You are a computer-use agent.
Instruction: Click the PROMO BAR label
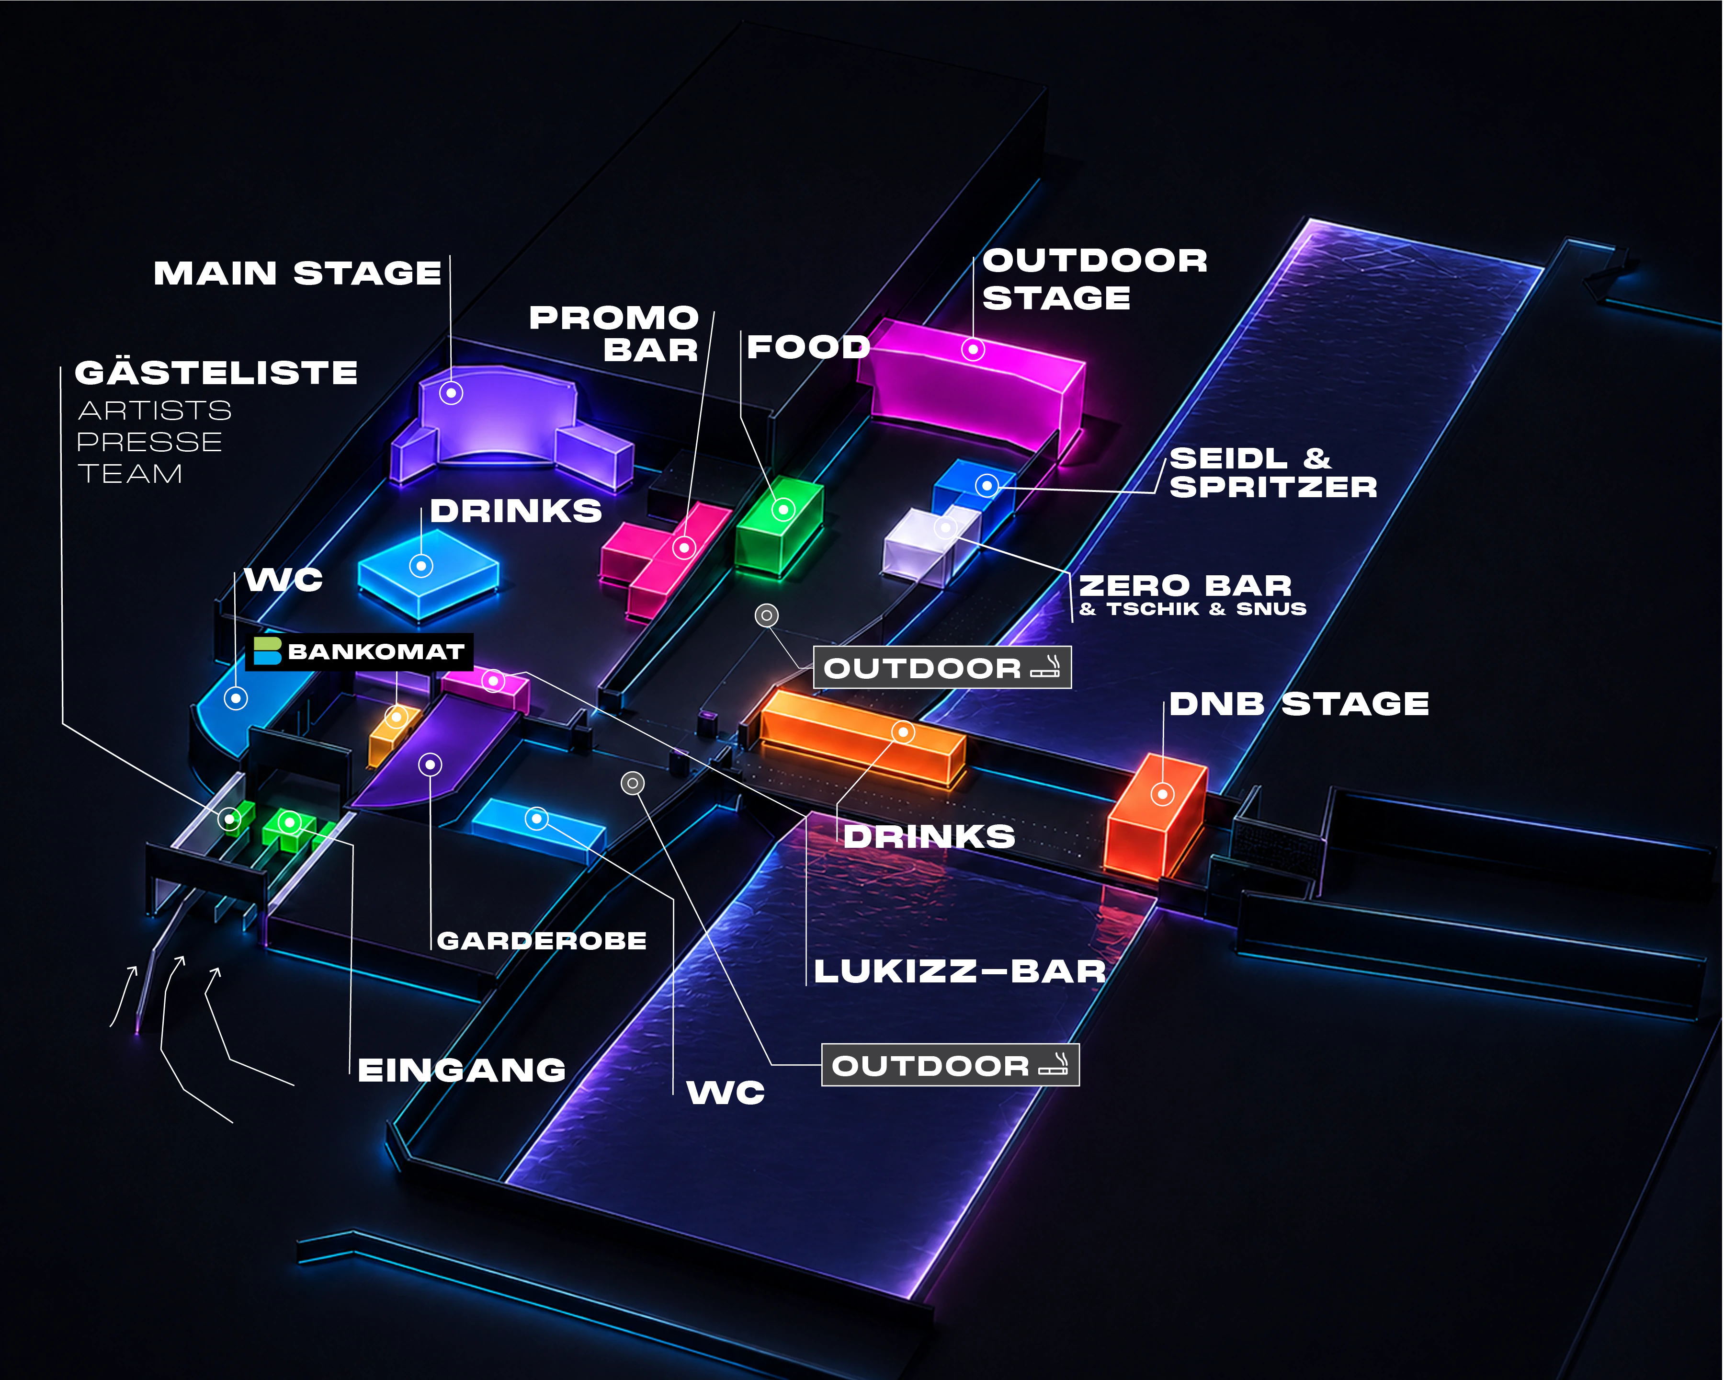point(614,333)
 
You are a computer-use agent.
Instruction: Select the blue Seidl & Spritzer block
point(975,492)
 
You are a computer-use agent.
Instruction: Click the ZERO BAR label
point(1185,586)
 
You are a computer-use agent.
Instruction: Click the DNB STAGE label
point(1299,704)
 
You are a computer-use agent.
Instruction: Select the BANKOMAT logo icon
point(267,651)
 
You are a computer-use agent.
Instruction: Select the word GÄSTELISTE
point(216,373)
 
